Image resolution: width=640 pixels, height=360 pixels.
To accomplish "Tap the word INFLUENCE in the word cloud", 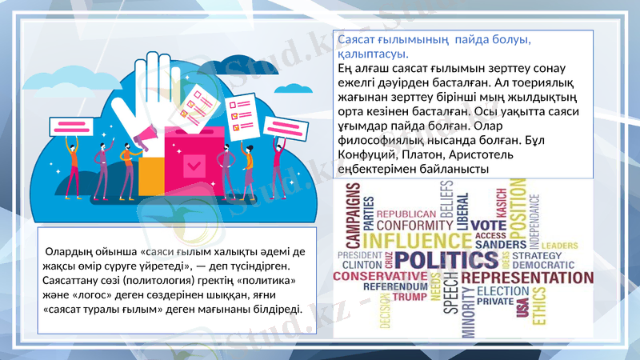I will tap(412, 240).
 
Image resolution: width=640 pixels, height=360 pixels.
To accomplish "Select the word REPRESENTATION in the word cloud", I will tap(528, 278).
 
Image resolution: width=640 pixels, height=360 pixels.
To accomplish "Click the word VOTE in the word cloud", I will tap(488, 225).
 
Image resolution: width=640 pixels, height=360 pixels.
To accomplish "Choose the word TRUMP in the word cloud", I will tap(410, 297).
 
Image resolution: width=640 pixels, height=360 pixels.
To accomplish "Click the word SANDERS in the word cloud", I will tap(500, 244).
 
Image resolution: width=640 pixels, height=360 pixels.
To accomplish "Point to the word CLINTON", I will tap(362, 264).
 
